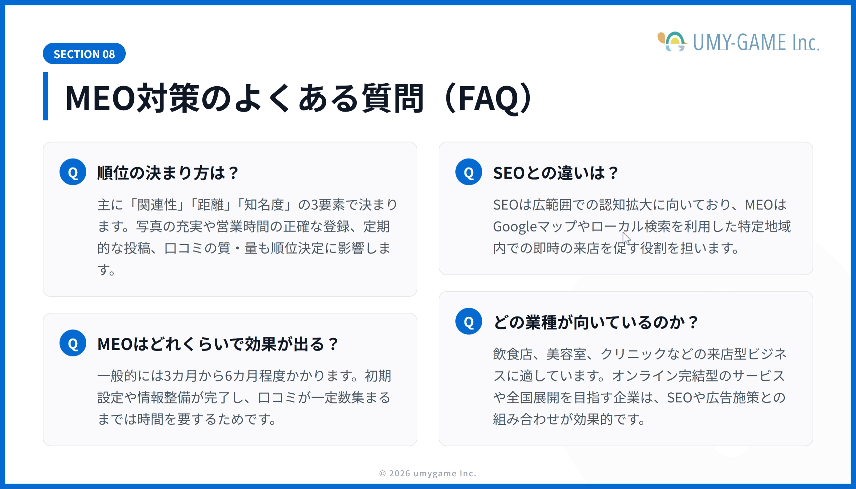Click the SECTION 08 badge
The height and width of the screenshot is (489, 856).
[x=84, y=54]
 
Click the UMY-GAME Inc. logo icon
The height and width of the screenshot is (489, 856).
[x=672, y=42]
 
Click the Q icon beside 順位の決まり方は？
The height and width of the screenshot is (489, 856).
[x=73, y=172]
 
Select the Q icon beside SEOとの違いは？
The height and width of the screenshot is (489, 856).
[x=468, y=172]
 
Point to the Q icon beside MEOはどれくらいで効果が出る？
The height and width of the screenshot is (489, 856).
[x=73, y=343]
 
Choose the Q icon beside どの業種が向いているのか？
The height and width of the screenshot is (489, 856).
[x=468, y=321]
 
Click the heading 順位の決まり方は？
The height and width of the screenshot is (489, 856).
[x=168, y=173]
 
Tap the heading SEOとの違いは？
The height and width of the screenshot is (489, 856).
[x=555, y=173]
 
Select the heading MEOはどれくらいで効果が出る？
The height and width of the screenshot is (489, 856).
[x=218, y=344]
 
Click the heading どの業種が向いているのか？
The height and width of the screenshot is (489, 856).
[x=596, y=322]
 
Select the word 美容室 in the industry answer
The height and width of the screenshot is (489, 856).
[x=566, y=354]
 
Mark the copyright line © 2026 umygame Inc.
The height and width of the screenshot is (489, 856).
[x=428, y=473]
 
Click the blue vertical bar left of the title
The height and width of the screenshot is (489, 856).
[x=45, y=96]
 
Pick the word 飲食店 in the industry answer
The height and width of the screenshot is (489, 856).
[x=513, y=354]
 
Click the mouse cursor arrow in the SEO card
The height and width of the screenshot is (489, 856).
[x=626, y=238]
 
